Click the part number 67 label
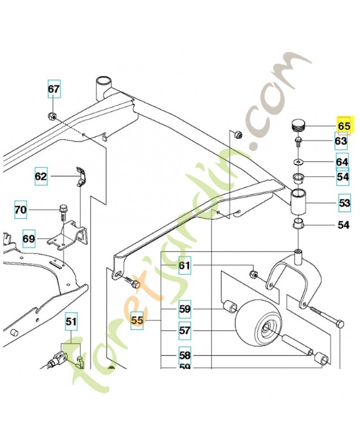pyautogui.click(x=53, y=89)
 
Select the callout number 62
pyautogui.click(x=41, y=177)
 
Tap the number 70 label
pyautogui.click(x=20, y=210)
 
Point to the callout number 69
pyautogui.click(x=29, y=239)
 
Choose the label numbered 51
pyautogui.click(x=72, y=321)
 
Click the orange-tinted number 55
pyautogui.click(x=137, y=319)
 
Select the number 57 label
pyautogui.click(x=184, y=331)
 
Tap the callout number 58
pyautogui.click(x=184, y=355)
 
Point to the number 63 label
pyautogui.click(x=341, y=141)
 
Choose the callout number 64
pyautogui.click(x=342, y=162)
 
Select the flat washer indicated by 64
pyautogui.click(x=299, y=162)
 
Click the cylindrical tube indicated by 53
pyautogui.click(x=301, y=202)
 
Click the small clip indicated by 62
pyautogui.click(x=80, y=175)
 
